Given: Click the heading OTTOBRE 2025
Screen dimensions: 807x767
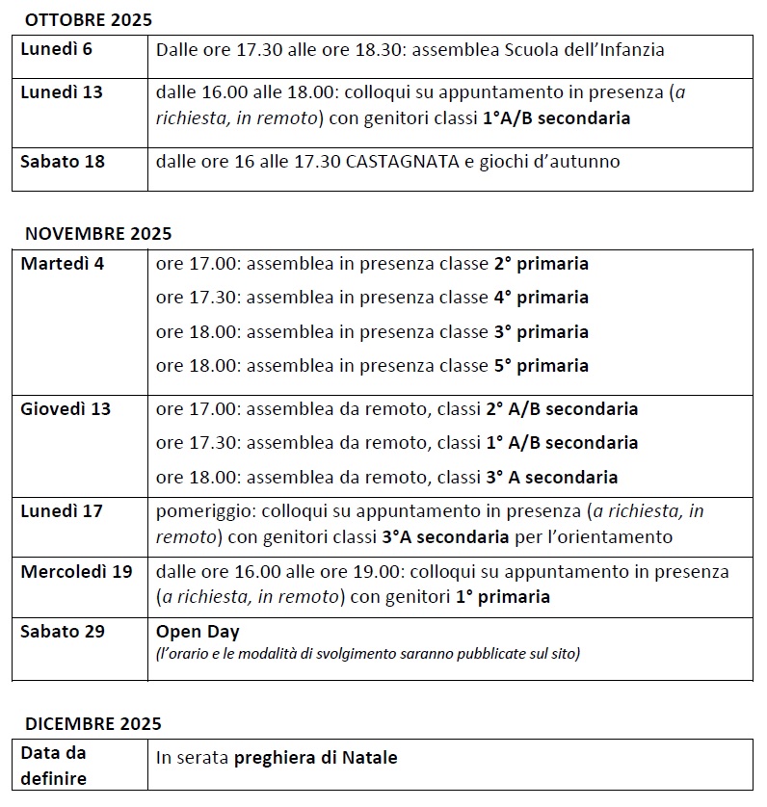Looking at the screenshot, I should [88, 19].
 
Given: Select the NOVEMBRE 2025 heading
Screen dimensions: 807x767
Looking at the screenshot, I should [97, 233].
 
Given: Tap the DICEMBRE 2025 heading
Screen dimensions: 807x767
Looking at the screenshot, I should [93, 723].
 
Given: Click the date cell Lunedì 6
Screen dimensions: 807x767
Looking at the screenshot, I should [57, 49].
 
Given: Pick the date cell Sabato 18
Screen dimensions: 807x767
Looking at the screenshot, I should [63, 161].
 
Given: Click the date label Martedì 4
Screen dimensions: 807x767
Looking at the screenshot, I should [62, 263].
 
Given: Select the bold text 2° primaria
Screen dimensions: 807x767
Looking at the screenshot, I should [541, 264].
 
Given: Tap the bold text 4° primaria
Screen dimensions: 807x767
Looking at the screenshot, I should [541, 298].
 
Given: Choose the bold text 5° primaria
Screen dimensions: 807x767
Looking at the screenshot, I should [541, 366].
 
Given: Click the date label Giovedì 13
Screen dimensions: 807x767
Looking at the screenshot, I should [66, 409].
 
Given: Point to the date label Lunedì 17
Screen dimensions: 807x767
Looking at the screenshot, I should [62, 511].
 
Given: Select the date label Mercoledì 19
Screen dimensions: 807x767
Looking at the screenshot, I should [76, 571].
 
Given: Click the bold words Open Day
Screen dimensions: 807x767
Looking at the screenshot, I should [198, 633].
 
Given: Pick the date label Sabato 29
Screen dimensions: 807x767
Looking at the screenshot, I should [63, 632].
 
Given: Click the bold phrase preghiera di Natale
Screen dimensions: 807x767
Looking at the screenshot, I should [315, 758].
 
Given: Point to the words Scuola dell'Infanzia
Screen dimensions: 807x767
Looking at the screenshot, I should [585, 50].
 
